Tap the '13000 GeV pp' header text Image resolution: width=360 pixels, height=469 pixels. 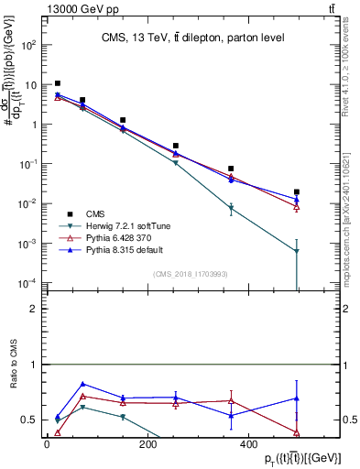click(51, 8)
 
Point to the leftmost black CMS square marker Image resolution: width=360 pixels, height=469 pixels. click(58, 83)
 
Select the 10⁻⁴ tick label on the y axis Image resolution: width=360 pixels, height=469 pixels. click(29, 283)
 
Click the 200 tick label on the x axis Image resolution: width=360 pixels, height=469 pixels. click(147, 444)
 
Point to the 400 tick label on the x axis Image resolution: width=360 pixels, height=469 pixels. click(247, 444)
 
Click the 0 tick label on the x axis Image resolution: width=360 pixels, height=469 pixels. click(47, 444)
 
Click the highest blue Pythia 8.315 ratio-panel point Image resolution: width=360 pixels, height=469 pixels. click(83, 384)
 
